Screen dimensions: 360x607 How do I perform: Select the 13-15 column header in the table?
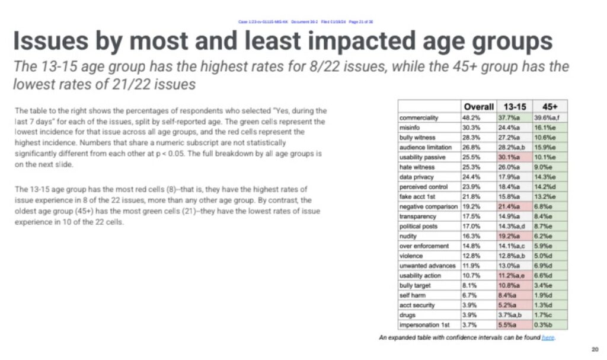514,107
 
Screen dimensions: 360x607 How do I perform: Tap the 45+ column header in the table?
550,107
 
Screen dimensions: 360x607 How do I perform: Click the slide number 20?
595,349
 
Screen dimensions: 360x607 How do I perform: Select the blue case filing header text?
305,21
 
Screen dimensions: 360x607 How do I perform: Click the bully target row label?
418,285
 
